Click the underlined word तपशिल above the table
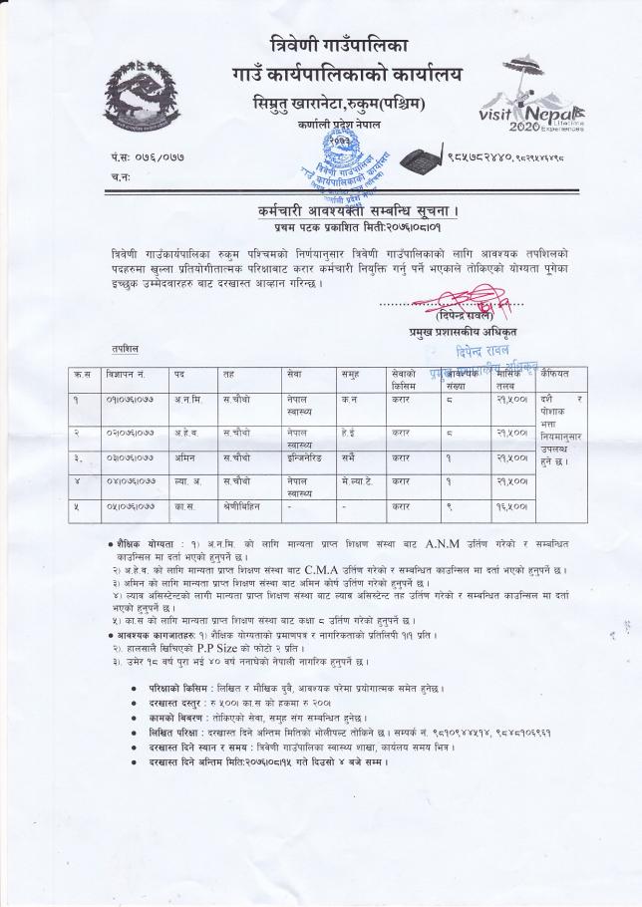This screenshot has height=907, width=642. (x=127, y=350)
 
